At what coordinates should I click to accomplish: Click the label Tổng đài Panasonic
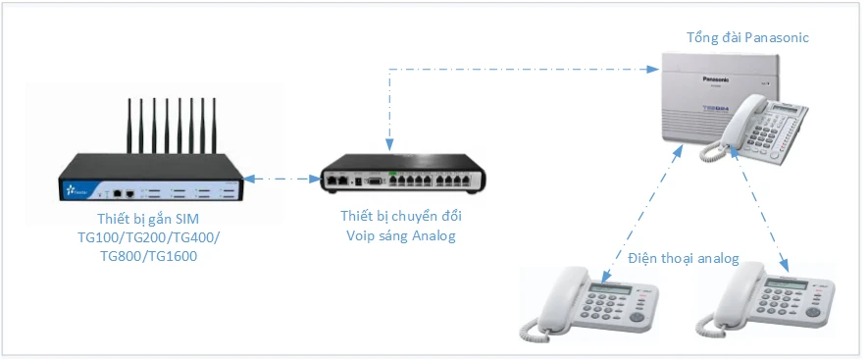click(747, 37)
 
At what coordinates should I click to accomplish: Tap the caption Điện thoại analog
click(683, 258)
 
